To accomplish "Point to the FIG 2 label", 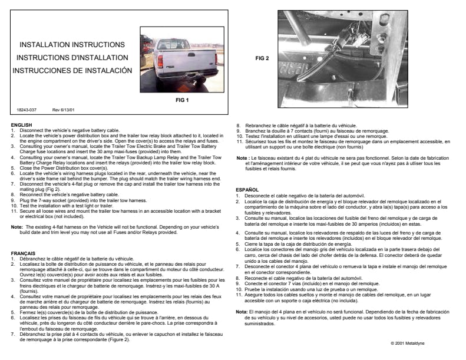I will (263, 58).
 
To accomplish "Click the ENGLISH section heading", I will (21, 124).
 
